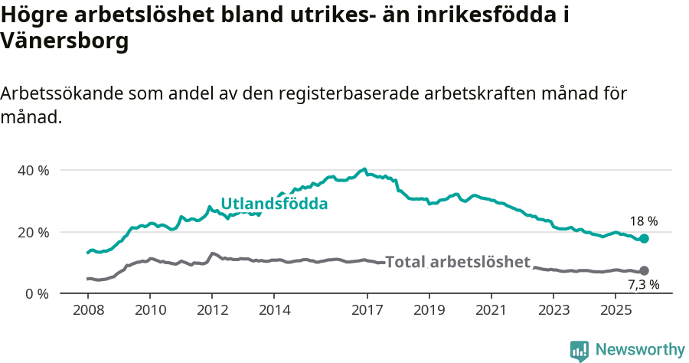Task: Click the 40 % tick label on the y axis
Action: coord(33,170)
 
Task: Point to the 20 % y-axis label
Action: coord(33,232)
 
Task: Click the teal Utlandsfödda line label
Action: coord(274,204)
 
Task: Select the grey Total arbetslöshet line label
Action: coord(458,262)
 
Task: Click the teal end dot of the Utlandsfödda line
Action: coord(644,239)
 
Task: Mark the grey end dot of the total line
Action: coord(644,270)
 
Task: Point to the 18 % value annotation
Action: coord(644,221)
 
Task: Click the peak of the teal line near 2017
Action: coord(364,169)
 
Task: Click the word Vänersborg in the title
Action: coord(64,42)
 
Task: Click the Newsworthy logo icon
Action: coord(580,351)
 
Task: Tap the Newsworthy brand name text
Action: coord(640,350)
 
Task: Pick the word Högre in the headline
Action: coord(34,15)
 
